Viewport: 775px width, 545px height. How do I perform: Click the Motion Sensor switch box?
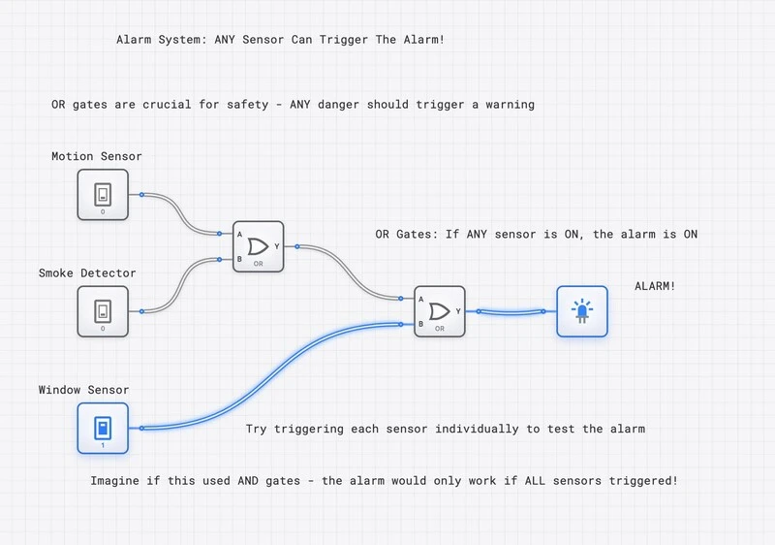[103, 195]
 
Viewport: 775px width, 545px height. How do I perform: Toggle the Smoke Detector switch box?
[103, 311]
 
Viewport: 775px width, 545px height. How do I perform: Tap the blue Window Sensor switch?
[103, 428]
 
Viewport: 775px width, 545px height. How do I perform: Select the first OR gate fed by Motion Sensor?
[258, 245]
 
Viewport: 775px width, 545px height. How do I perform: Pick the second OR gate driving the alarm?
[439, 311]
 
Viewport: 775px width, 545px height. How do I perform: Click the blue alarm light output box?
[581, 311]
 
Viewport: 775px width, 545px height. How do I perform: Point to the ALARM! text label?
[655, 286]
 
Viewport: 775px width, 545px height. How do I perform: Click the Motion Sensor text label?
[97, 156]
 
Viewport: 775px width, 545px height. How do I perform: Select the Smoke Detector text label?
[87, 273]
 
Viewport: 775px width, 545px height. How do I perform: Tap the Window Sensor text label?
[83, 390]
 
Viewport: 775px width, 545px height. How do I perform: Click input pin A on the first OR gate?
[222, 233]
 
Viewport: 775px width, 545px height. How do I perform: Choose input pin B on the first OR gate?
[222, 259]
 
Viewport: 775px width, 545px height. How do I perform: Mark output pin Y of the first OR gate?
[296, 246]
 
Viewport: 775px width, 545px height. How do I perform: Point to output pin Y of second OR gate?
[478, 311]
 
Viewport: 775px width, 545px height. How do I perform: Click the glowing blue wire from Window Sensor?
[271, 378]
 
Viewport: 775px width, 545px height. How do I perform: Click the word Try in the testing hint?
[257, 429]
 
